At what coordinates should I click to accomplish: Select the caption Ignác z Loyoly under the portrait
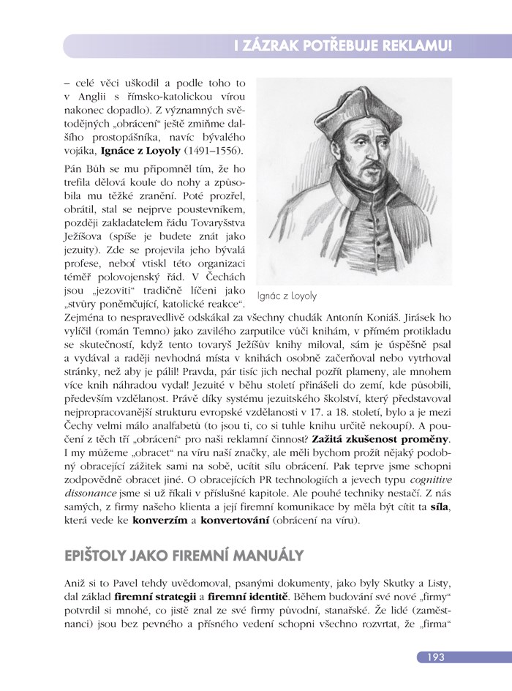pyautogui.click(x=293, y=296)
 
